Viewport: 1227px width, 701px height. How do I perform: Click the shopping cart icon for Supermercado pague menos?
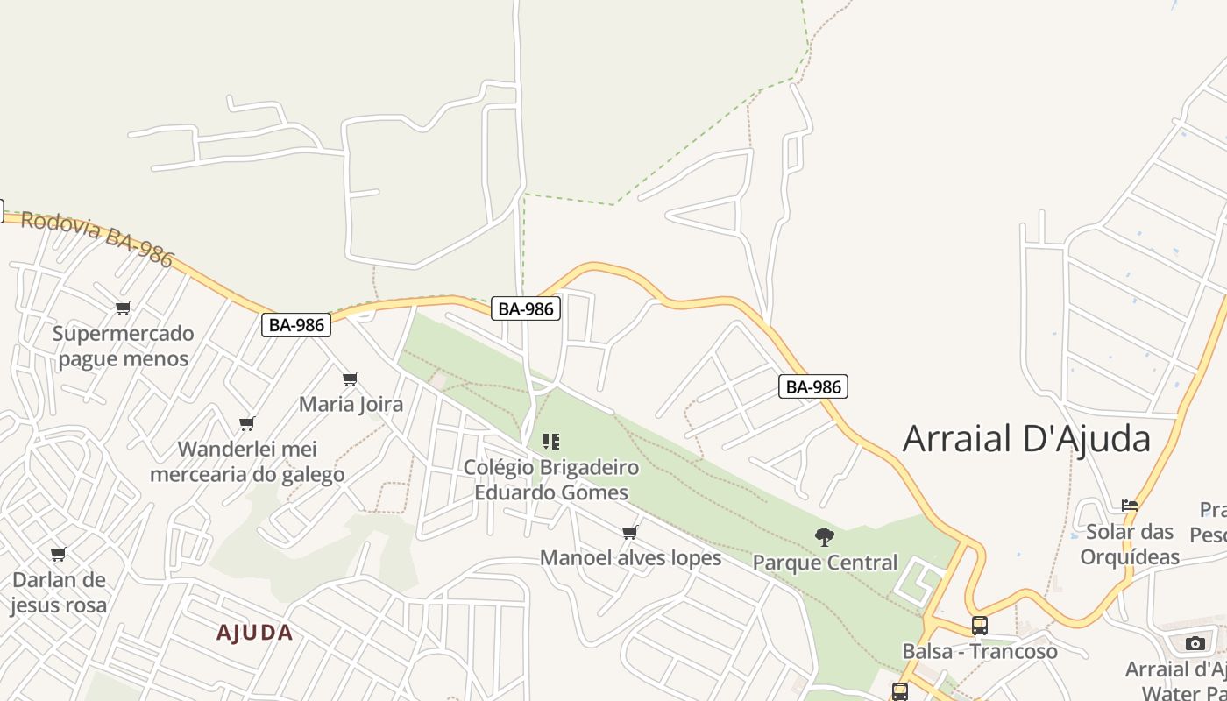(x=123, y=308)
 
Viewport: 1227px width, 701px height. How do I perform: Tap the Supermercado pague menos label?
(x=123, y=346)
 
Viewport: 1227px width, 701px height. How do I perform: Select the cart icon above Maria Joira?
(x=350, y=379)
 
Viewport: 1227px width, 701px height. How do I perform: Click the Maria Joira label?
(x=351, y=404)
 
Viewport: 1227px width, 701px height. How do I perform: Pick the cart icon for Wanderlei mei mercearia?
(x=247, y=423)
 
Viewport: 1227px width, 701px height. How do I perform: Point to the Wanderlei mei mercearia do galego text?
(x=247, y=462)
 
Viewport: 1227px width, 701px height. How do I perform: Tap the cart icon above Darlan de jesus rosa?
(x=59, y=554)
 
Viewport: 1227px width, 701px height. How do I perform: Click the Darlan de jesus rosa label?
(x=59, y=592)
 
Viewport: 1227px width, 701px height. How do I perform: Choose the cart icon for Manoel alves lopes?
(x=629, y=532)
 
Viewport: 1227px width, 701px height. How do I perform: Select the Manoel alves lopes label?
(x=630, y=557)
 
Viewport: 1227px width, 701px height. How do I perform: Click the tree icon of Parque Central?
(x=824, y=536)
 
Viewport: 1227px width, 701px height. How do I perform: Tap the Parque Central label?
(x=825, y=562)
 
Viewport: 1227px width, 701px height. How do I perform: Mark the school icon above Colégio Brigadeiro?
(x=551, y=441)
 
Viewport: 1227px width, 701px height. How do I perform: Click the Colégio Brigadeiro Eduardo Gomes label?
(x=551, y=479)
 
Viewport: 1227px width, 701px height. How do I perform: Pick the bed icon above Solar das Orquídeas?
(x=1130, y=506)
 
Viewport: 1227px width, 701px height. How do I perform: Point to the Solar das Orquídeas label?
(x=1130, y=544)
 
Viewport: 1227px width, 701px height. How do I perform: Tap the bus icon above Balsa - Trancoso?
(x=980, y=626)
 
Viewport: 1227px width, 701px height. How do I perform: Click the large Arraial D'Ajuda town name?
(x=1026, y=438)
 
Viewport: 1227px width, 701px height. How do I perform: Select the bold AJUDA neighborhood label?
(x=254, y=633)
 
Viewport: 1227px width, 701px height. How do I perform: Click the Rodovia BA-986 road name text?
(x=97, y=237)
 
